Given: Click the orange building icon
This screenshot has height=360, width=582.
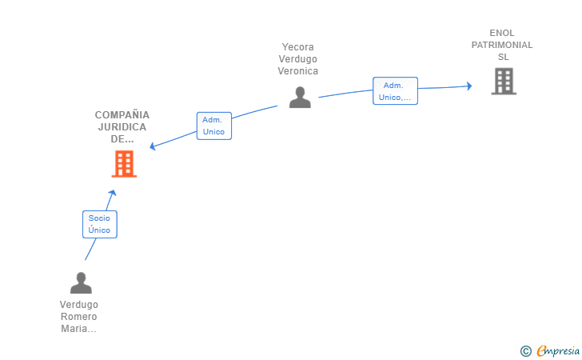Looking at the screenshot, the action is [x=124, y=164].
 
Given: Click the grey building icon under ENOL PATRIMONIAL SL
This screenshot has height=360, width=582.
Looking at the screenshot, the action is [x=504, y=81].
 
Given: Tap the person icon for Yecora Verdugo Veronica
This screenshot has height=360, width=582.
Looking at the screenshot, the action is [x=300, y=98].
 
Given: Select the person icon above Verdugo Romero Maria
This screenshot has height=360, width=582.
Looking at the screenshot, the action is [x=81, y=283].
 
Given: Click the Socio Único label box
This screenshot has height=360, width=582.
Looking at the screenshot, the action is [x=100, y=224].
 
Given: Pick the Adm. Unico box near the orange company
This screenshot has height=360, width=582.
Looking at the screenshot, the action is [x=214, y=126].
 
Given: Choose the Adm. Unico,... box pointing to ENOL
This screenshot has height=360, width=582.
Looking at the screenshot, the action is [x=395, y=91].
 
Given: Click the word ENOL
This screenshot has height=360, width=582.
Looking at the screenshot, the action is [x=502, y=33].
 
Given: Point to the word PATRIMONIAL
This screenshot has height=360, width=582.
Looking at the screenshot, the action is [x=502, y=45].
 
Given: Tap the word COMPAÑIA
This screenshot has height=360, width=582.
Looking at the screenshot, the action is [x=122, y=114].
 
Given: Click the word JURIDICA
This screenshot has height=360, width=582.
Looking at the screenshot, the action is [x=122, y=127].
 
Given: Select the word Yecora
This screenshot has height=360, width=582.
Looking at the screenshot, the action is [x=297, y=47].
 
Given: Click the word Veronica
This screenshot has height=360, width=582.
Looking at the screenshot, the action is [x=298, y=71].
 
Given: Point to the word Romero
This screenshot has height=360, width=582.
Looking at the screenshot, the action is [x=78, y=317].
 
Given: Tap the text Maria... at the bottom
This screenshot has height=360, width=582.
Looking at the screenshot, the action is [x=78, y=329].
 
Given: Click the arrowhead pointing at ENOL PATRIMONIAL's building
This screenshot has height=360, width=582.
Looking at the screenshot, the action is [x=469, y=86].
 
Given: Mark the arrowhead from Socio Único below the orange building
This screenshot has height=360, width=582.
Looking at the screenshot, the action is [x=112, y=193].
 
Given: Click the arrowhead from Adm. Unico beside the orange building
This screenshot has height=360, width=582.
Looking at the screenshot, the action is [x=152, y=146].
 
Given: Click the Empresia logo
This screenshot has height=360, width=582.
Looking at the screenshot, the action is [x=558, y=350].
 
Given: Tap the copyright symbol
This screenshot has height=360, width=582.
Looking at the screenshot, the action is [x=526, y=351].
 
